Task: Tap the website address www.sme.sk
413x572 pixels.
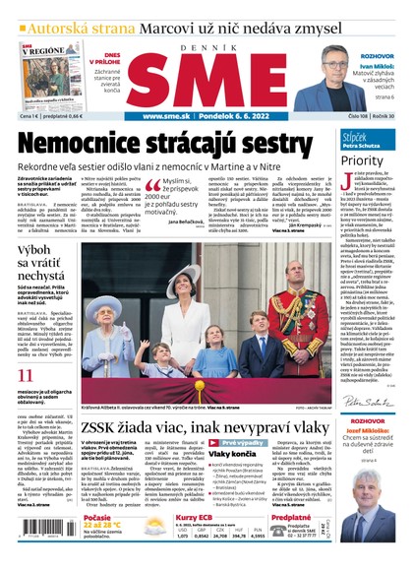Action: coord(167,114)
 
